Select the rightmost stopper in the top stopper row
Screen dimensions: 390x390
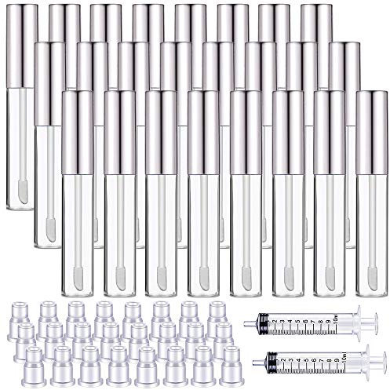[x=216, y=309]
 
